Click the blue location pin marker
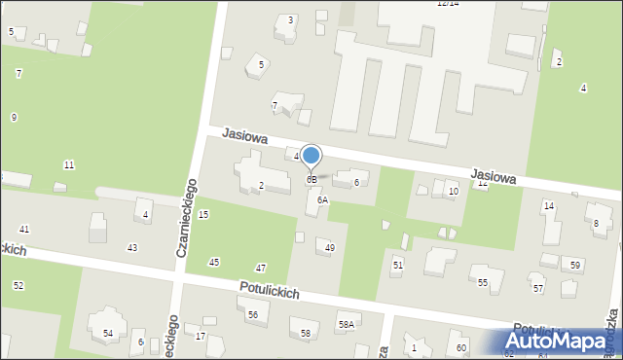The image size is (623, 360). [311, 156]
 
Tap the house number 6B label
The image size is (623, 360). [311, 180]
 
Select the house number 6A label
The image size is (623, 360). [322, 199]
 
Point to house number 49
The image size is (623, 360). [330, 248]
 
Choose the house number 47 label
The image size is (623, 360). [261, 268]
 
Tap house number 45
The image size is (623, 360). [214, 263]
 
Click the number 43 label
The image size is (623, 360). [132, 248]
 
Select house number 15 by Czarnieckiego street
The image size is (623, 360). [203, 214]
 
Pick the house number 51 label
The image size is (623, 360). [397, 265]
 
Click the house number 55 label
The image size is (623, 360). [483, 282]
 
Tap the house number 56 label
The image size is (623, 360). [252, 314]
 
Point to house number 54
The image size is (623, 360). [108, 334]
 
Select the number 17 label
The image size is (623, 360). [201, 337]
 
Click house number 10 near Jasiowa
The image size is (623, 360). [453, 192]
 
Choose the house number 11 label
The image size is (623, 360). [69, 164]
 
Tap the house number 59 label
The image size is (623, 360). [576, 266]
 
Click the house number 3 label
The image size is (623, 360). [290, 20]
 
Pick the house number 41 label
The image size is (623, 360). [24, 230]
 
